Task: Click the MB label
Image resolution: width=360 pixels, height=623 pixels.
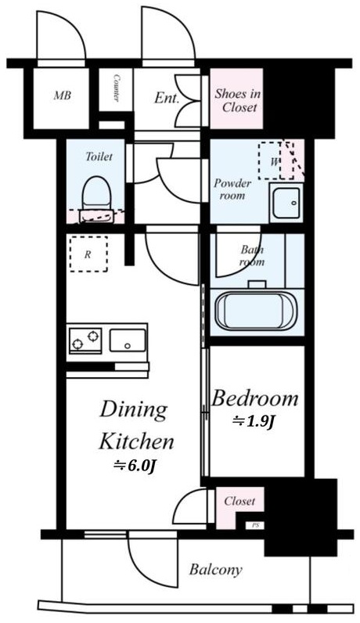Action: (63, 95)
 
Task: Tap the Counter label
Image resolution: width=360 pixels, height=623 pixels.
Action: (117, 88)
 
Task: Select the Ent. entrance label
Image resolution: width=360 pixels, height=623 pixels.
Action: (167, 98)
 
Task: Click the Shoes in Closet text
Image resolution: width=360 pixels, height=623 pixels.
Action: (237, 100)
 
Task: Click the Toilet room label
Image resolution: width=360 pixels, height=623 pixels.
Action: (99, 157)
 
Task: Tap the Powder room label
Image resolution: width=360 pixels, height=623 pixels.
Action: (232, 189)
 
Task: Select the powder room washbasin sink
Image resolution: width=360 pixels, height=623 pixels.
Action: (286, 202)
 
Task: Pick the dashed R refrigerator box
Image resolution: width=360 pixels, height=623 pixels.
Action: (88, 254)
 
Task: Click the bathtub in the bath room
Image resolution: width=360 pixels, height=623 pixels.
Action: (256, 311)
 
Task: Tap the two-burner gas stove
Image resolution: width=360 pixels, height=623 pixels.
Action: (85, 340)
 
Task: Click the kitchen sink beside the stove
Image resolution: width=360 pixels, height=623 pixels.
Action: (128, 340)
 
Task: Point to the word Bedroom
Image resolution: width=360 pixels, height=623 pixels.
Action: (254, 398)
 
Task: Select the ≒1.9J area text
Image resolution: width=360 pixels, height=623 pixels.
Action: (254, 422)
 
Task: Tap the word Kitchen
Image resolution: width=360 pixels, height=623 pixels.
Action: (136, 442)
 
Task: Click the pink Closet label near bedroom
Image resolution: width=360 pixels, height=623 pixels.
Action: (239, 501)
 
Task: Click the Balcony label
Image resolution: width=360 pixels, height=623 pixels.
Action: (215, 570)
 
